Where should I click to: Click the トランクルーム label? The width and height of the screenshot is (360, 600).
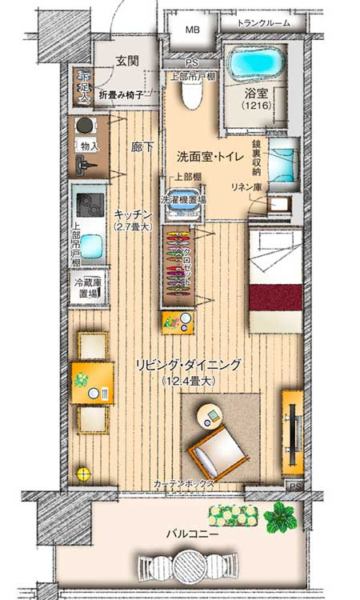pos(262,24)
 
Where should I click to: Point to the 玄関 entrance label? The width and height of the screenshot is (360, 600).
pos(126,61)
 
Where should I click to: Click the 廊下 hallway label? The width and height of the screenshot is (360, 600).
pos(142,148)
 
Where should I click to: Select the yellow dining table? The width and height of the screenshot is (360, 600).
pos(92,383)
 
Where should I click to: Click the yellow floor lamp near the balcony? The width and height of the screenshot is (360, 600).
pos(82,473)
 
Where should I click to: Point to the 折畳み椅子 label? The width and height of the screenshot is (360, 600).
pos(121,94)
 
